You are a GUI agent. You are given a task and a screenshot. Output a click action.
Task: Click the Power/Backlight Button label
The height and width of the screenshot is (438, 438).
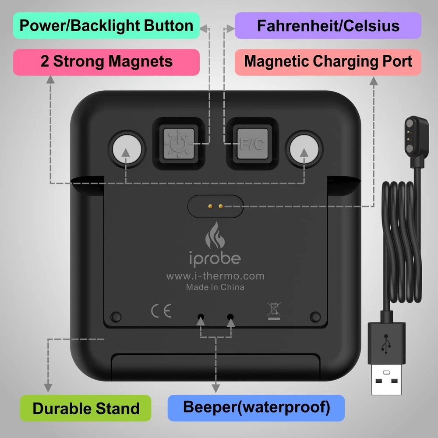(106, 25)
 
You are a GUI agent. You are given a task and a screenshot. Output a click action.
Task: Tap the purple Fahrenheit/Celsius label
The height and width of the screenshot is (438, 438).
(328, 25)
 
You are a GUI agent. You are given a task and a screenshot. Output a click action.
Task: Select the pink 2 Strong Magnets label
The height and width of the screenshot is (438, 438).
(106, 62)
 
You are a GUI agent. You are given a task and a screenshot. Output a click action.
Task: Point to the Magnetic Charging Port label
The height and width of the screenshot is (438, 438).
(328, 62)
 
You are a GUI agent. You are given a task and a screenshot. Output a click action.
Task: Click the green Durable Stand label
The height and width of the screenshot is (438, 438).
(86, 408)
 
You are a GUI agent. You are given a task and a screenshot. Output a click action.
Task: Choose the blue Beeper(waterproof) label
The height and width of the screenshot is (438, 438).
(256, 408)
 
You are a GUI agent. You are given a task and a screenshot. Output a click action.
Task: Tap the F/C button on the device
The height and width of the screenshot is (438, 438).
(252, 144)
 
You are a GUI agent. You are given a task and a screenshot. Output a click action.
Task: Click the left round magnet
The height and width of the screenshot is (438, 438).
(127, 149)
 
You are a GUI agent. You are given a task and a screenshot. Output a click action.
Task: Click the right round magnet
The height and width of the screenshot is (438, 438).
(304, 149)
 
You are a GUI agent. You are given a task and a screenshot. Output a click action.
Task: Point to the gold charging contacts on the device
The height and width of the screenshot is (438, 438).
(215, 206)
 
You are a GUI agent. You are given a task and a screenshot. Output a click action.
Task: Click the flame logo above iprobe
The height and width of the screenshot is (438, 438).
(215, 235)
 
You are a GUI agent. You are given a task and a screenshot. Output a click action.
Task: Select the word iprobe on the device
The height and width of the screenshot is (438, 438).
(215, 259)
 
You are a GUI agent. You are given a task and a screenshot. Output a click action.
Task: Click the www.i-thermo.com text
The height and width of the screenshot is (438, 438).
(215, 276)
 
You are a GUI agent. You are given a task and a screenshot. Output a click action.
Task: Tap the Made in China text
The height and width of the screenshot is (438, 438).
(215, 287)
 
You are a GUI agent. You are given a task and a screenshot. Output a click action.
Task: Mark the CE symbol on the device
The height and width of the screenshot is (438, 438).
(161, 311)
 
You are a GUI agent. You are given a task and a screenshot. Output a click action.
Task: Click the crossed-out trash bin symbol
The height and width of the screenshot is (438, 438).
(274, 311)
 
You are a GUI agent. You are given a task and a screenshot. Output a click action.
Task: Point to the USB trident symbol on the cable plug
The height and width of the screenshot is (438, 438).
(386, 344)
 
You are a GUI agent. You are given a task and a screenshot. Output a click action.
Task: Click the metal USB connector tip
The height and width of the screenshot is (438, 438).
(386, 379)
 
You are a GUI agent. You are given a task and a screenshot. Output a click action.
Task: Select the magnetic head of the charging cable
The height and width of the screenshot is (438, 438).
(416, 136)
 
